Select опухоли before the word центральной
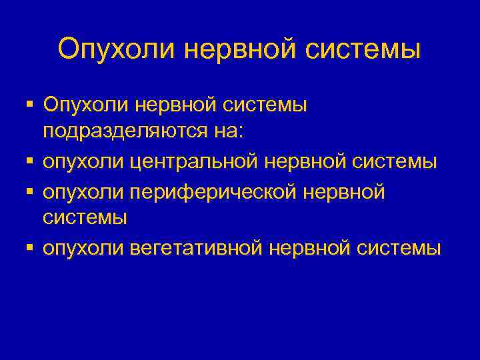click(x=81, y=162)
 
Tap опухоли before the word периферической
click(x=81, y=191)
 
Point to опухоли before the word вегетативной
click(x=81, y=249)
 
